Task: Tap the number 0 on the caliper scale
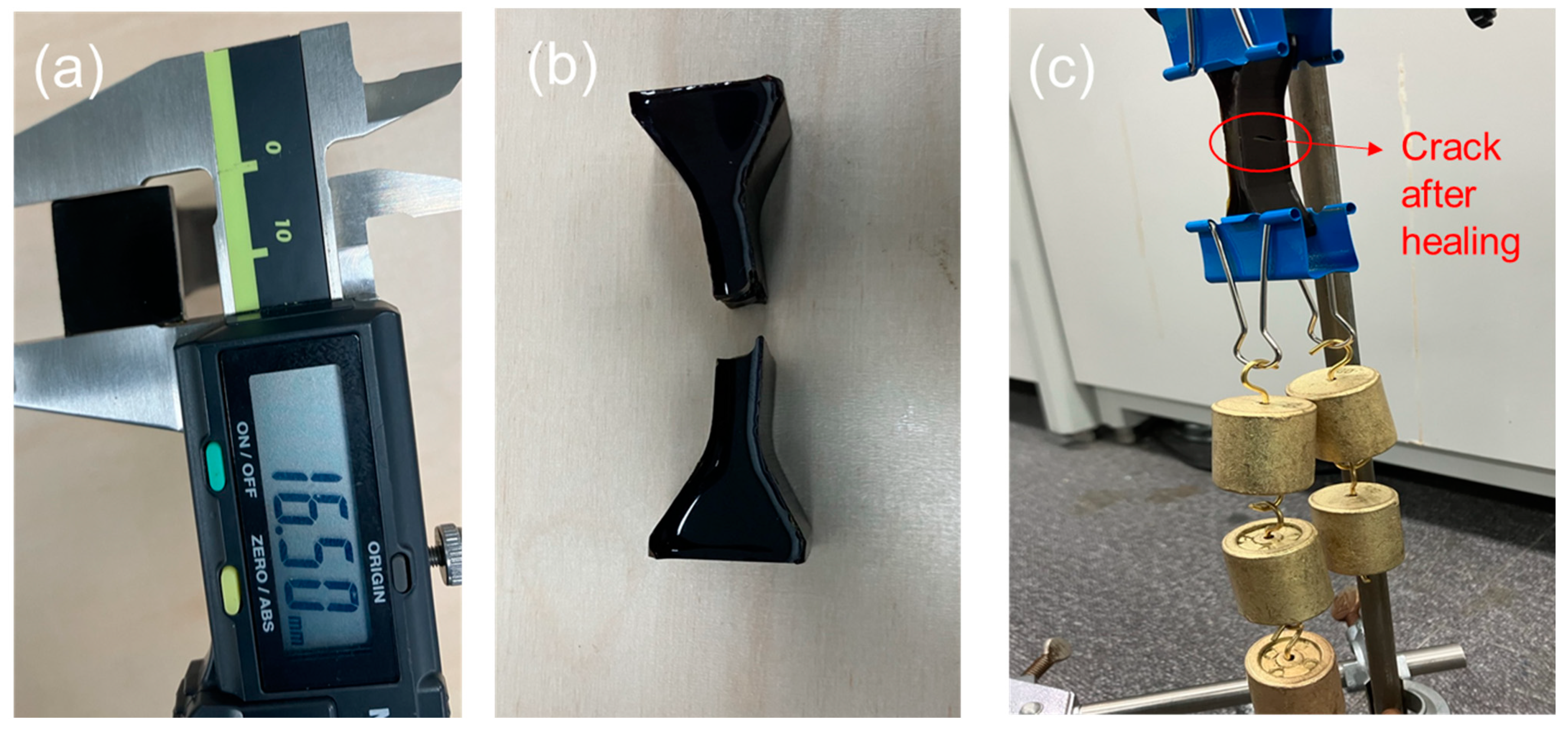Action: click(x=273, y=148)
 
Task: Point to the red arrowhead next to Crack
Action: click(x=1375, y=148)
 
